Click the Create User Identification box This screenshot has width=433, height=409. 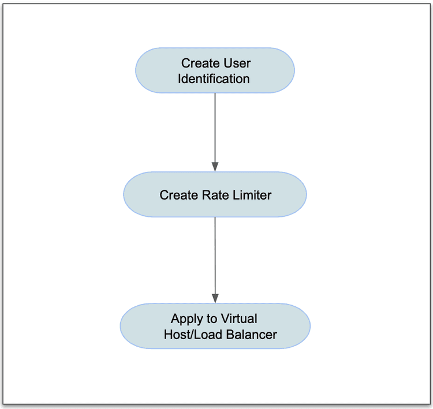tap(215, 70)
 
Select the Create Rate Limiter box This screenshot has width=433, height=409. tap(215, 194)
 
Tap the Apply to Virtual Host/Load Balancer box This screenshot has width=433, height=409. tap(215, 326)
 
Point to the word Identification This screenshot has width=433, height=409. tap(214, 78)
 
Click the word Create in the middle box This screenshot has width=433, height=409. tap(178, 195)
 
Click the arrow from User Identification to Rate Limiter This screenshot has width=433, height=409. tap(215, 130)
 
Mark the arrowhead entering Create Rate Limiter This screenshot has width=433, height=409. tap(215, 167)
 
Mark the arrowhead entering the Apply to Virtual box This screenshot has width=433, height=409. tap(215, 299)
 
